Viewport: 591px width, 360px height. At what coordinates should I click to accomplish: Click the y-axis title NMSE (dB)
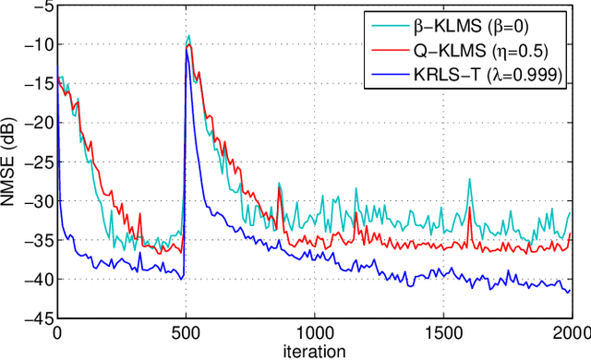click(x=10, y=161)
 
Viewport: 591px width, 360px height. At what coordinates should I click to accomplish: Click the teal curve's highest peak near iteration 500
click(x=189, y=36)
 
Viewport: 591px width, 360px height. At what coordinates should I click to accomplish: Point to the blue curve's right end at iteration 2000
click(x=570, y=291)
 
